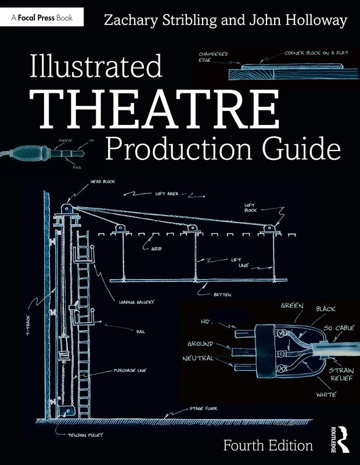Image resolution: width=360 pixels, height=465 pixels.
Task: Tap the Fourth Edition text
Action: pyautogui.click(x=268, y=445)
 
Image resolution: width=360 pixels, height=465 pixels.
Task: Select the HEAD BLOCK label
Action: pyautogui.click(x=103, y=182)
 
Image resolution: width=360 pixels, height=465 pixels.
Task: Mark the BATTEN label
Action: pyautogui.click(x=222, y=295)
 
